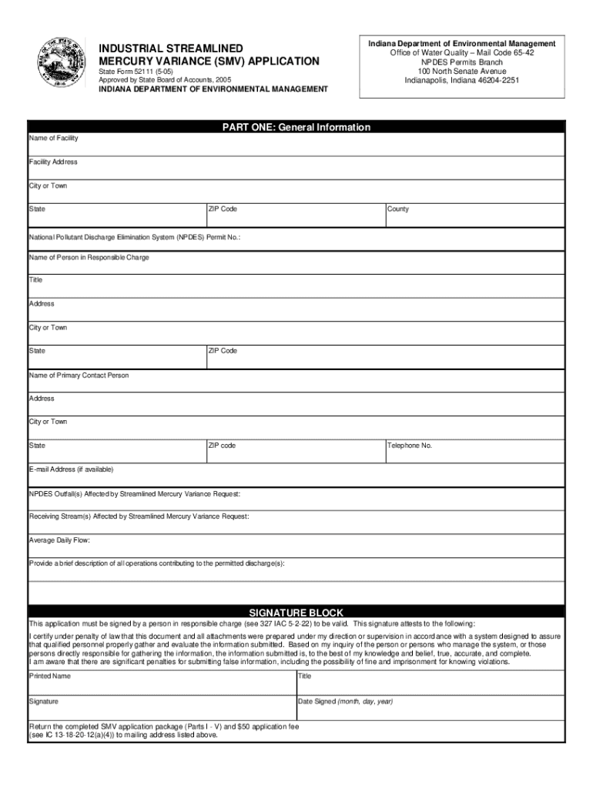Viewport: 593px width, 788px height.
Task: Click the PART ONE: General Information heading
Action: (296, 127)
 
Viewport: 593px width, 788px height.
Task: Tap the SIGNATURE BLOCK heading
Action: (296, 612)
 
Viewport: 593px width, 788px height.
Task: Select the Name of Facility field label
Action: (53, 139)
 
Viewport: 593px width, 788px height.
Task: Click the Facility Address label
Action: (53, 162)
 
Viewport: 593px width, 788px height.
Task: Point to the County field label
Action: (399, 209)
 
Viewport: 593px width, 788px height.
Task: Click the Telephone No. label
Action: (410, 446)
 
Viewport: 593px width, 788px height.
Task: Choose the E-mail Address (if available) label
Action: (71, 469)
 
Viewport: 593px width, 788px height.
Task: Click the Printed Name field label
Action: (50, 676)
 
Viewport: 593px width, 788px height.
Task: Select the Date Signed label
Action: (346, 702)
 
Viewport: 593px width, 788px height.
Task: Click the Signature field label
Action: (44, 702)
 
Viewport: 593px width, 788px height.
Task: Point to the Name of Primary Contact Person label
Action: (79, 376)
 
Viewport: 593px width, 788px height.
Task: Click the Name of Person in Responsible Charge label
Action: (89, 257)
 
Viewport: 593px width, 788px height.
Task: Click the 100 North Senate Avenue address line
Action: (461, 71)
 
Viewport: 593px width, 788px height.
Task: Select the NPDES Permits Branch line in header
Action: (461, 62)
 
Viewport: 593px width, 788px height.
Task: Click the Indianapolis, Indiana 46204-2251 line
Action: (461, 80)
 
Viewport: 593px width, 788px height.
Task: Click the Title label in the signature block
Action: (304, 676)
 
